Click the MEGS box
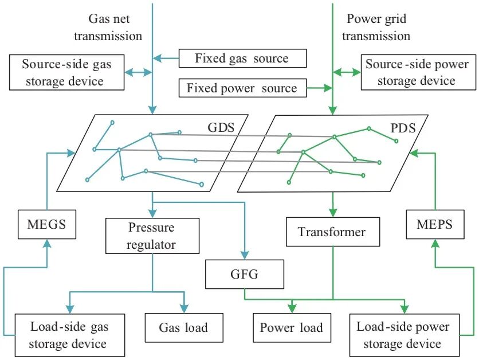tap(47, 224)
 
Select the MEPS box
tap(435, 224)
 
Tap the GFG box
tap(245, 274)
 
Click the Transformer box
tap(333, 232)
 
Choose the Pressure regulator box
tap(152, 236)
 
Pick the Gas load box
tap(184, 327)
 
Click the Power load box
tap(292, 327)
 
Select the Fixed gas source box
tap(242, 58)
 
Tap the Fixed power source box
tap(242, 88)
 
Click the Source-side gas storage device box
tap(66, 72)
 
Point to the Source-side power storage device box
tap(418, 72)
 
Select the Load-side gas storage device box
tap(70, 335)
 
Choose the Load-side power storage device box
tap(405, 335)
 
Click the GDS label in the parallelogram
tap(221, 127)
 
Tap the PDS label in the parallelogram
tap(403, 128)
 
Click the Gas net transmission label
tap(108, 27)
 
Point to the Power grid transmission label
tap(376, 27)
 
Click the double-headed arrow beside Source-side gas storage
tap(139, 72)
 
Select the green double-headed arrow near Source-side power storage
tap(347, 72)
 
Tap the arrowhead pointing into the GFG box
tap(245, 255)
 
